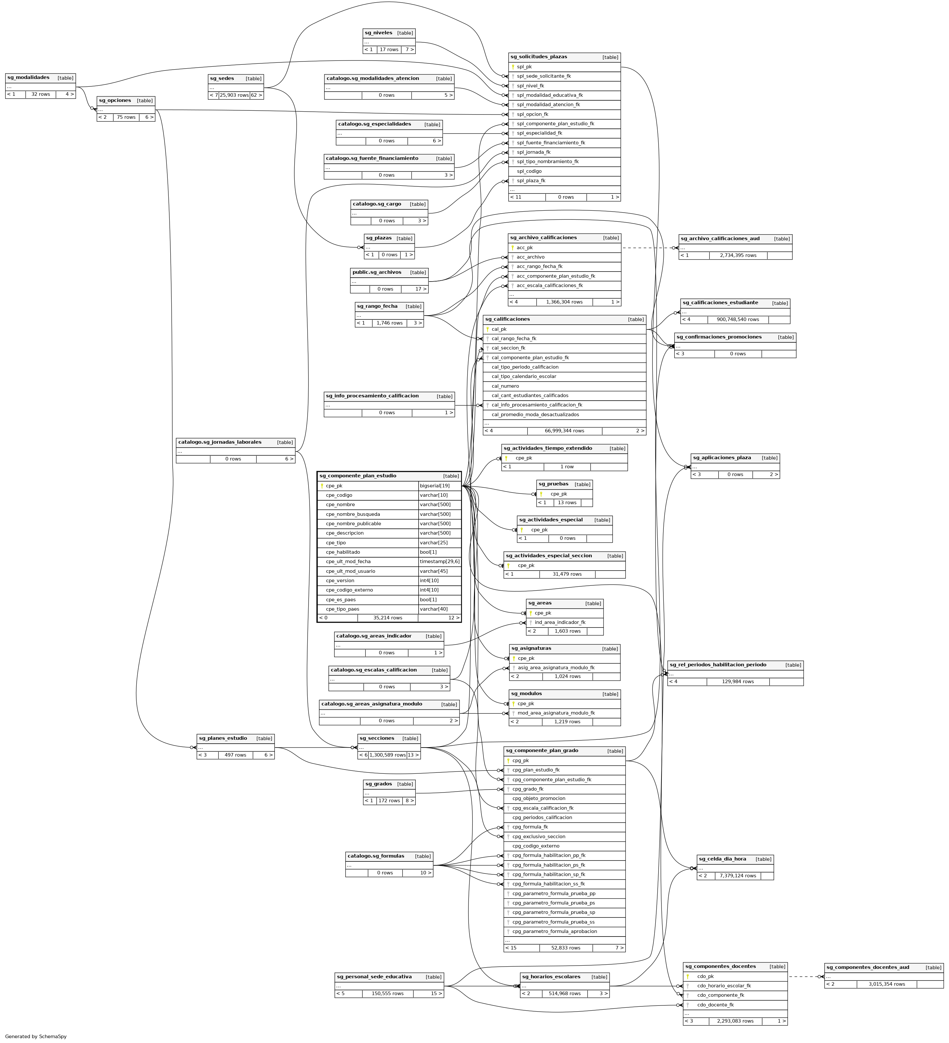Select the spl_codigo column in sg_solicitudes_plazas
pos(529,171)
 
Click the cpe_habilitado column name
pos(343,552)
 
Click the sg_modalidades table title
pos(28,78)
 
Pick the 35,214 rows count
pos(387,618)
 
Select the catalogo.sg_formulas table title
pos(375,856)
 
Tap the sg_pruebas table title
pos(553,484)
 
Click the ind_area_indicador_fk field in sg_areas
pos(560,622)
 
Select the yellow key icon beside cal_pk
pos(487,329)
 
